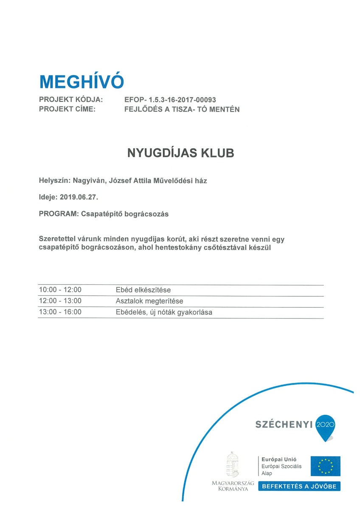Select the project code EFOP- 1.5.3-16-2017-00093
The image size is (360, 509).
coord(170,100)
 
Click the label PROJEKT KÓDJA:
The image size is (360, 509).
coord(71,100)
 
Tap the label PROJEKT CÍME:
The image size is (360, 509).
coord(67,109)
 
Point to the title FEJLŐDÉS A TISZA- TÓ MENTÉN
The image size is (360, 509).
coord(182,109)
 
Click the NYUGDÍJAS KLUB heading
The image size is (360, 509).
coord(180,153)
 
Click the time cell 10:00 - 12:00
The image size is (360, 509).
coord(60,290)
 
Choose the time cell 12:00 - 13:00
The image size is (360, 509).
coord(60,301)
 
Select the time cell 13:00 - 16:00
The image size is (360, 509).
coord(60,312)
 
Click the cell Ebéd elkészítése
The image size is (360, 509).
coord(143,290)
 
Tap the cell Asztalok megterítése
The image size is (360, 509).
coord(149,301)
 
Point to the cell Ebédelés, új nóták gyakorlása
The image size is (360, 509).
coord(163,312)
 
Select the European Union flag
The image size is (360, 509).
coord(325,466)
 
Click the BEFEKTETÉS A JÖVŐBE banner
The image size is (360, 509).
coord(300,487)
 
